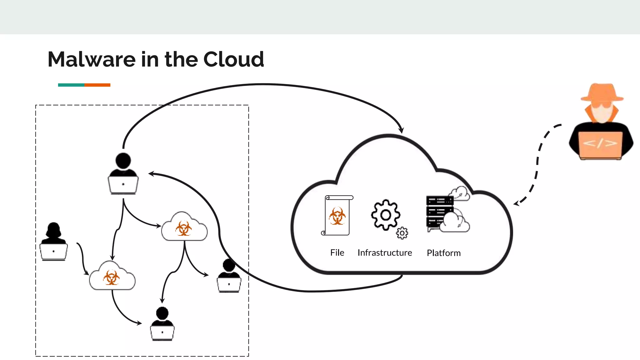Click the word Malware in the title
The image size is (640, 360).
coord(92,59)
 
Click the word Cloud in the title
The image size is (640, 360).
coord(233,59)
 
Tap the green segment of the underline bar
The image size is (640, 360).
coord(71,85)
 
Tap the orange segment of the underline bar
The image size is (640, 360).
coord(97,85)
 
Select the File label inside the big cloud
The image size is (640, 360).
coord(337,252)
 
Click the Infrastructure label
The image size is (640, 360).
coord(385,252)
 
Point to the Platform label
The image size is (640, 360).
coord(443,253)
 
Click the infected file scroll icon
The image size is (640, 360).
coord(337,215)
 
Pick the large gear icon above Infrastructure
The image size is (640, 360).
coord(385,215)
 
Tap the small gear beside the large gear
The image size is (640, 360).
coord(402,233)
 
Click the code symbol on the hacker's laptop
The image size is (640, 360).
coord(600,143)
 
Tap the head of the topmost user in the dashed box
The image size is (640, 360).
coord(123,161)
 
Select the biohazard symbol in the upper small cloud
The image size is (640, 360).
coord(184,228)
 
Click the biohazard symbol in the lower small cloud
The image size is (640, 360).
coord(111,277)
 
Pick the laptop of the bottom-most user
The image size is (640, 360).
coord(162,333)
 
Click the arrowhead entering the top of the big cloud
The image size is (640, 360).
coord(401,130)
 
